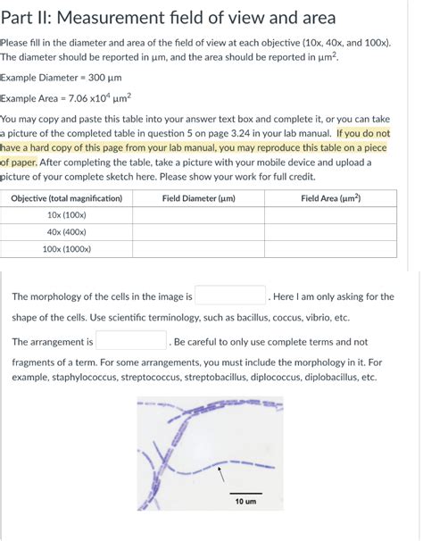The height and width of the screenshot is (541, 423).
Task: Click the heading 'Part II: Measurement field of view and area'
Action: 169,18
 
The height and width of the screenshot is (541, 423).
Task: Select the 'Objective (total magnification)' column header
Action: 67,198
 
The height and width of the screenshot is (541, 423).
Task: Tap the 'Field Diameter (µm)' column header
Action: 198,198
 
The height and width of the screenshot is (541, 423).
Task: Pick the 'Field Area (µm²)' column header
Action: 330,198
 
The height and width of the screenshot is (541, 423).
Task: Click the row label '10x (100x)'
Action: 67,215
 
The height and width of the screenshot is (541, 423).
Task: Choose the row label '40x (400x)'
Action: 67,232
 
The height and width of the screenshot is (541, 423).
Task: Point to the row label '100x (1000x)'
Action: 67,249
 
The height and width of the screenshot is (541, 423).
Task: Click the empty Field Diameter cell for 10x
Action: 198,215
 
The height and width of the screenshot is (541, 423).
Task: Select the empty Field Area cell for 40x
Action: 330,232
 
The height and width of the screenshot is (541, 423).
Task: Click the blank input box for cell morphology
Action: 230,296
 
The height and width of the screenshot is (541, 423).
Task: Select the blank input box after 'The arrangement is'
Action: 131,341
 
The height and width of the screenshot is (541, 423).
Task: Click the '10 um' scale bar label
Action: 245,502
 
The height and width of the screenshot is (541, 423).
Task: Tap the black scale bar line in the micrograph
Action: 245,493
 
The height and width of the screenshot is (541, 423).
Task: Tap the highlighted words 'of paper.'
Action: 19,162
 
